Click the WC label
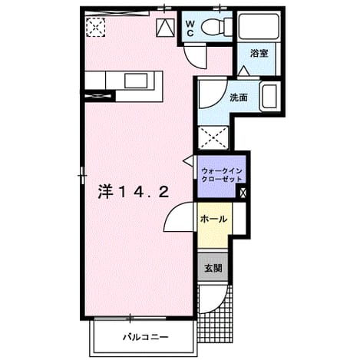pyautogui.click(x=190, y=28)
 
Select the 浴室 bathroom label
pyautogui.click(x=259, y=54)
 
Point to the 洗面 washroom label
pyautogui.click(x=239, y=97)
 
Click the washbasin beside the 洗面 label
pyautogui.click(x=269, y=96)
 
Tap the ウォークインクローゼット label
pyautogui.click(x=222, y=175)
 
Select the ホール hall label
pyautogui.click(x=213, y=219)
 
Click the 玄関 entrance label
pyautogui.click(x=213, y=268)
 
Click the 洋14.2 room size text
pyautogui.click(x=134, y=192)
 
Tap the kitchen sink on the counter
pyautogui.click(x=136, y=81)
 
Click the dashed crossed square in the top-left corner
pyautogui.click(x=96, y=27)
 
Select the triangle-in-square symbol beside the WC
pyautogui.click(x=166, y=28)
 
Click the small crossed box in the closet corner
pyautogui.click(x=243, y=193)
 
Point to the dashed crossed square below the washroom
pyautogui.click(x=213, y=137)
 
